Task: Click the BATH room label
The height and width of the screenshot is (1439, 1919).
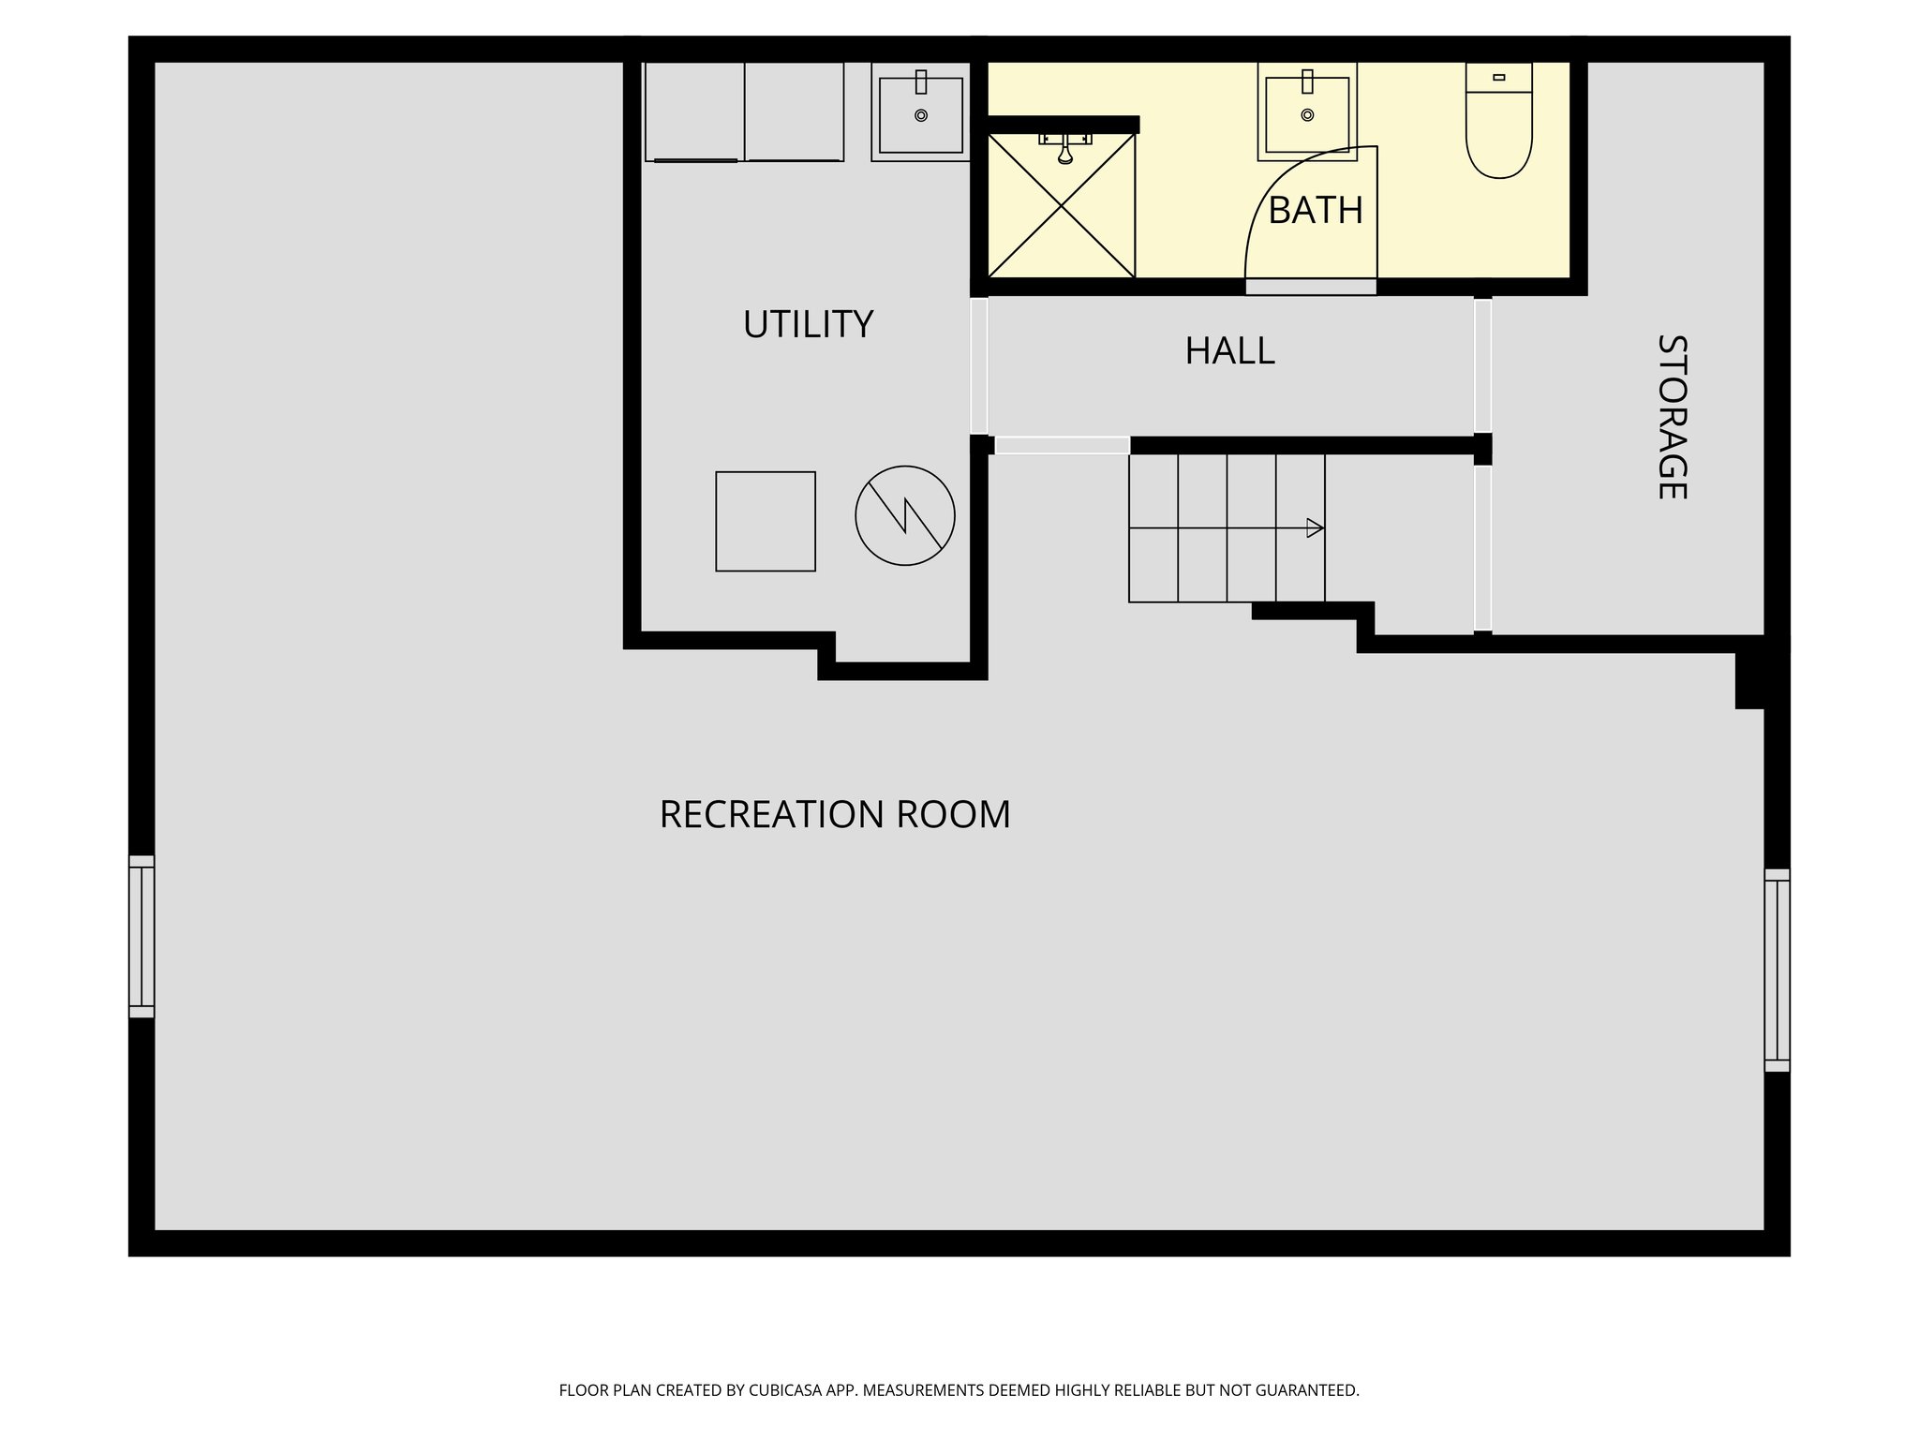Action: (1315, 211)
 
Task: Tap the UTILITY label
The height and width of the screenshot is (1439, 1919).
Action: (808, 324)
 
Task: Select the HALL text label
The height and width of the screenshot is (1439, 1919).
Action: (1229, 351)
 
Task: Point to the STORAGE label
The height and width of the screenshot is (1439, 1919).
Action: (1673, 417)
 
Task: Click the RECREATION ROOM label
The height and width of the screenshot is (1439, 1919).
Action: (835, 814)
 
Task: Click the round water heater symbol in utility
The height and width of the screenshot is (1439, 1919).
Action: (904, 515)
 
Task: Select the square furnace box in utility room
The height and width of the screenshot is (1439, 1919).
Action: (766, 521)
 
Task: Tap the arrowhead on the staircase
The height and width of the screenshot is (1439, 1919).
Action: (1315, 528)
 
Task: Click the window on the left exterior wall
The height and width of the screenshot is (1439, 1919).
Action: (141, 936)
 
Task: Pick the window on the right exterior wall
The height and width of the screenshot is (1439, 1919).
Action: (1777, 970)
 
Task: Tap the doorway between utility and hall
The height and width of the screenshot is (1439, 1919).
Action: (979, 365)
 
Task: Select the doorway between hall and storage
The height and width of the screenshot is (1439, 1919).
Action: (1482, 364)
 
